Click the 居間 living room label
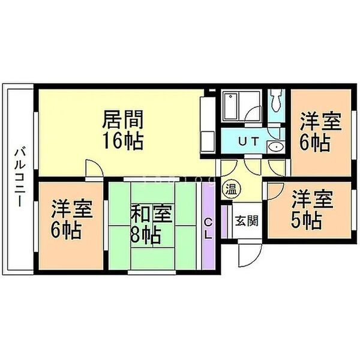pos(123,119)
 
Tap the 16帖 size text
pos(123,141)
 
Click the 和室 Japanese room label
pos(151,214)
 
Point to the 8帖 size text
pos(145,235)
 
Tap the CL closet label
pos(208,229)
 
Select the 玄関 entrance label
pos(247,220)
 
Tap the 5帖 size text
pos(306,220)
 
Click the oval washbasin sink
pos(276,147)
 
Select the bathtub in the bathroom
pos(231,106)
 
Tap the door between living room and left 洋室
pos(95,168)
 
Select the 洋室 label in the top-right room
pos(321,122)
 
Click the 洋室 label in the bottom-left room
pos(72,209)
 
